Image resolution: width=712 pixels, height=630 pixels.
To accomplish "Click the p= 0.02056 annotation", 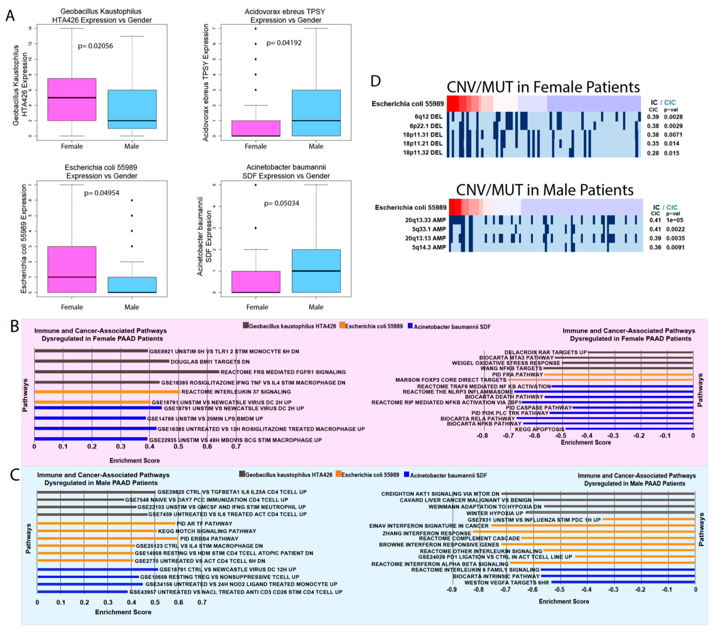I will point(95,46).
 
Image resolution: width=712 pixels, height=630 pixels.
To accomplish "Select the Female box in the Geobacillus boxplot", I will point(72,99).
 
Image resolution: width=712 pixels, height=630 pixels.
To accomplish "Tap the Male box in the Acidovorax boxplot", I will point(316,113).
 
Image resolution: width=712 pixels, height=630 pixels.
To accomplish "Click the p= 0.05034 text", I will point(281,203).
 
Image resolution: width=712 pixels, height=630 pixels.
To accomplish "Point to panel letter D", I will point(376,81).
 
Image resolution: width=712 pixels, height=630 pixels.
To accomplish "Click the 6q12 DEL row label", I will point(428,117).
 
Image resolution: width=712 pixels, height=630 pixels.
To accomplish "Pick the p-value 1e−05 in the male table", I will point(675,220).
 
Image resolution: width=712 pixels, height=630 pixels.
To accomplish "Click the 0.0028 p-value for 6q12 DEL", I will point(673,117).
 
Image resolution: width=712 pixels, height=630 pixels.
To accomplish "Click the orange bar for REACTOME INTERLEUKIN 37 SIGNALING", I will point(107,392).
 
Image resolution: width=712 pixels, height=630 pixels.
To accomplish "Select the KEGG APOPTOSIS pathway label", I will point(540,429).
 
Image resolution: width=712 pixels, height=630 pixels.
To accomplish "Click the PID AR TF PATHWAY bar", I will point(106,523).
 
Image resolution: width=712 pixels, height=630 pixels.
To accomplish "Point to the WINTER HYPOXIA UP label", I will point(495,513).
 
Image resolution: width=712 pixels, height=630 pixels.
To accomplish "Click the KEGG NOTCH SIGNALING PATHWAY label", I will point(207,531).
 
